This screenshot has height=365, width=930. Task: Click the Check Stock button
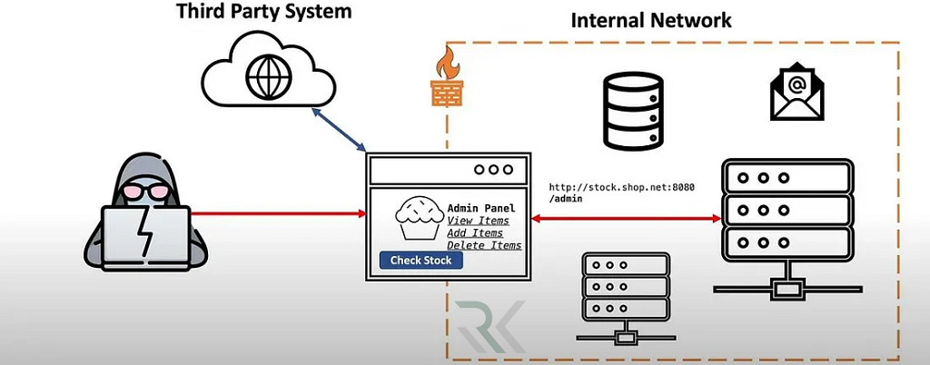point(420,261)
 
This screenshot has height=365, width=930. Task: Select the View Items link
point(478,221)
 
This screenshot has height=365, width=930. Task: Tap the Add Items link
point(475,233)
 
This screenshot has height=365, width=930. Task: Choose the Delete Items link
point(484,246)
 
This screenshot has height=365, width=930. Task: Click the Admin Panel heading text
point(480,208)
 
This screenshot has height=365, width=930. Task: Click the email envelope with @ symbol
point(796,92)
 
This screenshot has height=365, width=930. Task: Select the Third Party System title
point(264,13)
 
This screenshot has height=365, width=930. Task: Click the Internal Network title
point(650,20)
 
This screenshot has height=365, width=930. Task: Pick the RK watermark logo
point(490,328)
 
